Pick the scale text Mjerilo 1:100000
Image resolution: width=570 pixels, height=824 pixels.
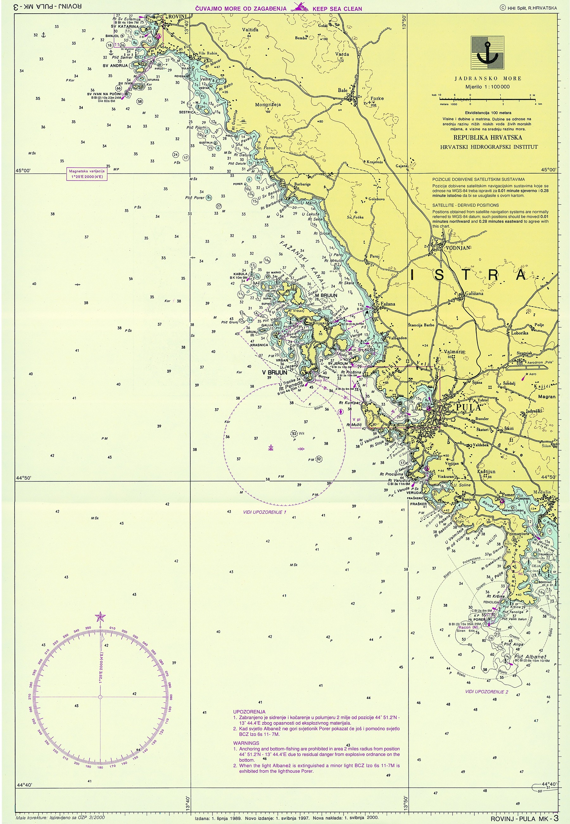tap(487, 87)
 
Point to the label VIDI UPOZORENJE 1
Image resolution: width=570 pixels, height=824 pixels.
tap(265, 512)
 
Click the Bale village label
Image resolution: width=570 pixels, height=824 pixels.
tap(343, 90)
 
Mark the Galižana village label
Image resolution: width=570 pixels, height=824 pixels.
tap(474, 293)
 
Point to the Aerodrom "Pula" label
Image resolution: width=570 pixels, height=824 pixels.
tap(541, 362)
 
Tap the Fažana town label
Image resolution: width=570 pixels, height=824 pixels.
tap(388, 304)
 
